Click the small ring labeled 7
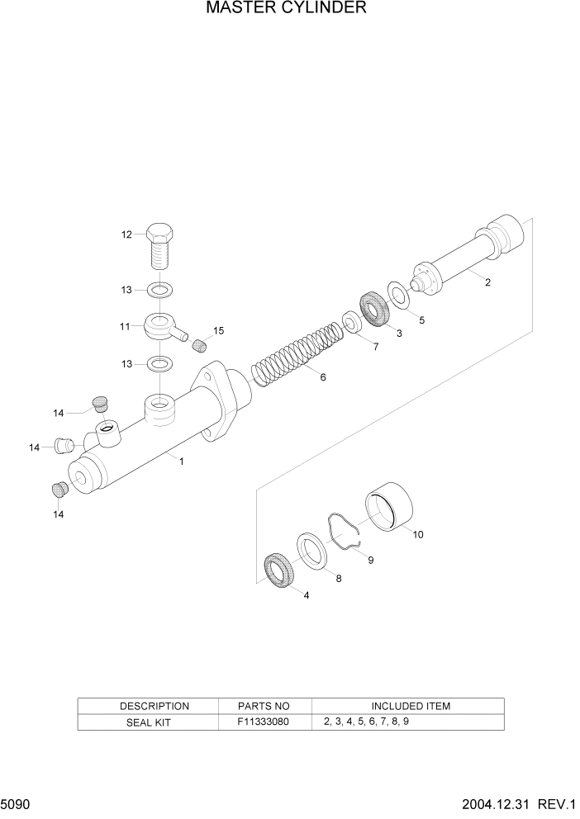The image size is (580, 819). point(351,322)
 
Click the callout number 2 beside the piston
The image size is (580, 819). point(487,282)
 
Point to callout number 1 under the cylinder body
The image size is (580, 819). point(182,462)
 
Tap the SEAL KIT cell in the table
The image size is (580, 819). point(149,722)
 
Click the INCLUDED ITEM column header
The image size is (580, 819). point(410,706)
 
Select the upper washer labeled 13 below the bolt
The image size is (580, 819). point(159,290)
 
